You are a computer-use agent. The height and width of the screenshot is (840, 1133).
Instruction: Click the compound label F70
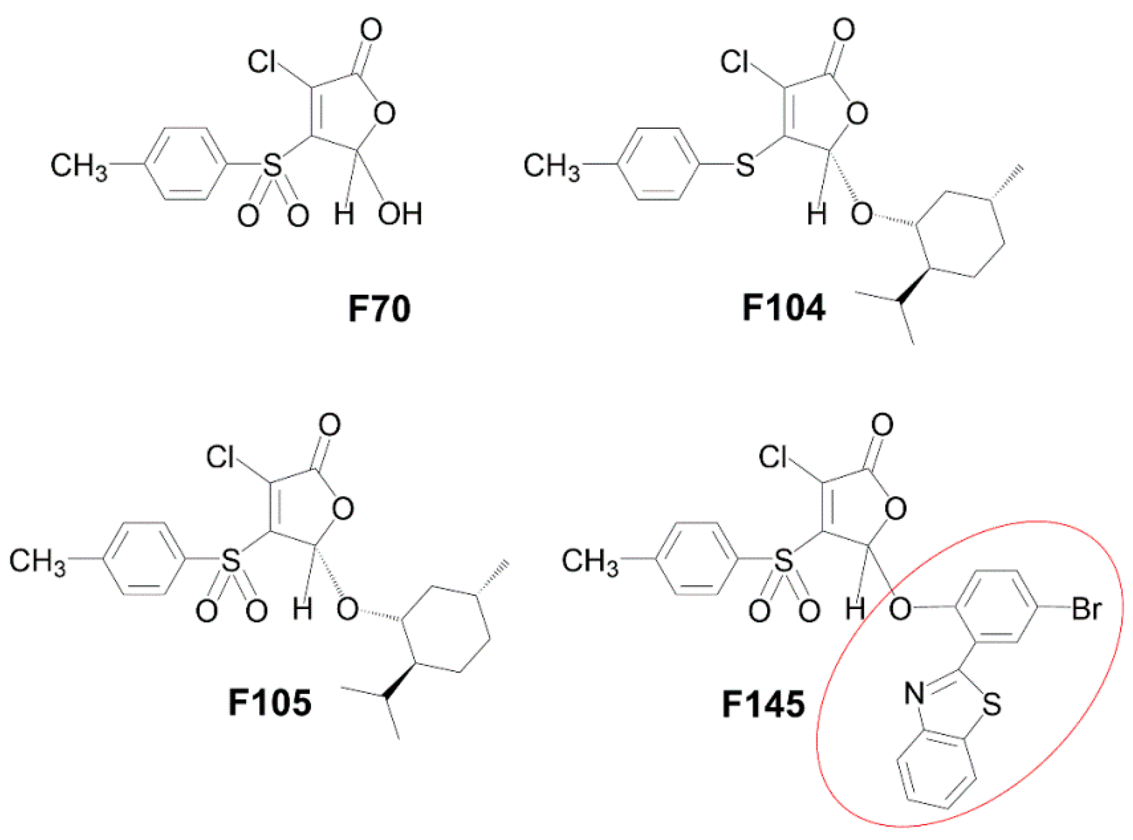click(x=379, y=308)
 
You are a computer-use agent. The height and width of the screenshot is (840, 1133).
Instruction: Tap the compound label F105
click(x=270, y=703)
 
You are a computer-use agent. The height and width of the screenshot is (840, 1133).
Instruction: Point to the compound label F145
click(x=763, y=704)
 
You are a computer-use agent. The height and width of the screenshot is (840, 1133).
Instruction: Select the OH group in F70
click(x=400, y=214)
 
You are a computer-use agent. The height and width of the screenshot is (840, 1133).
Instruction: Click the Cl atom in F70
click(x=262, y=62)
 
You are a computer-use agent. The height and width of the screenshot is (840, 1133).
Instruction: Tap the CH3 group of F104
click(x=551, y=166)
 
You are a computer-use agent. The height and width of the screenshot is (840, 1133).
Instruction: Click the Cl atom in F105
click(x=220, y=457)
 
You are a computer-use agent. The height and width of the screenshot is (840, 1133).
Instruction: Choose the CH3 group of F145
click(x=589, y=562)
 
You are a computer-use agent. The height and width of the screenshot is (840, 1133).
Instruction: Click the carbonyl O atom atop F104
click(x=844, y=31)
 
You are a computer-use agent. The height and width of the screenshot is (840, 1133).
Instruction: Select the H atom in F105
click(x=303, y=609)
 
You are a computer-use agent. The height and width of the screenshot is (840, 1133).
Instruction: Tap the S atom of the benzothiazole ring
click(x=992, y=705)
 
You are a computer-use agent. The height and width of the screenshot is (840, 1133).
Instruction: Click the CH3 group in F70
click(x=79, y=166)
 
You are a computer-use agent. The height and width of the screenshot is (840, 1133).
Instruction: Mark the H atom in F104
click(x=817, y=214)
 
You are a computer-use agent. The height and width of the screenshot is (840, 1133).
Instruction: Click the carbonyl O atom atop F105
click(x=330, y=425)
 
